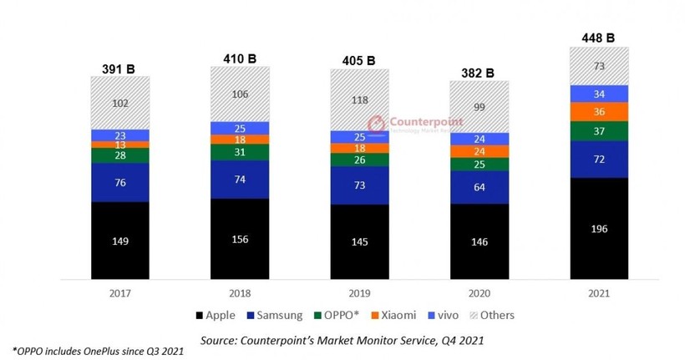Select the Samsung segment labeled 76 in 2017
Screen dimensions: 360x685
click(x=120, y=183)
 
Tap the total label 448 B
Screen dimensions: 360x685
click(x=597, y=37)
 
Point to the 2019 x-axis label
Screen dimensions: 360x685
click(x=358, y=293)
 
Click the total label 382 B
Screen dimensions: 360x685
click(x=478, y=72)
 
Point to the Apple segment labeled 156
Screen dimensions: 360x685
click(x=240, y=237)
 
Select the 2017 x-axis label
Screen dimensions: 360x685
click(x=120, y=293)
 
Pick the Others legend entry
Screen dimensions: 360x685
click(x=494, y=316)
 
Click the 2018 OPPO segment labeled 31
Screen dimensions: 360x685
click(x=240, y=152)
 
